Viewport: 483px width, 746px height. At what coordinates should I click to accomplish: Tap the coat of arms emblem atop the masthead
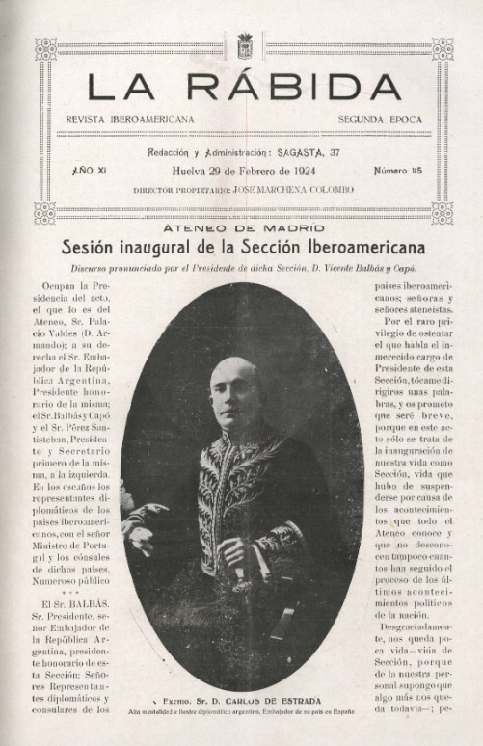[x=244, y=45]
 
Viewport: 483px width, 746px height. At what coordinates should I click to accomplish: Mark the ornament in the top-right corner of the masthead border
[x=443, y=49]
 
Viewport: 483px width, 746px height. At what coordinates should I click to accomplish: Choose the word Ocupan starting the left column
[x=66, y=286]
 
